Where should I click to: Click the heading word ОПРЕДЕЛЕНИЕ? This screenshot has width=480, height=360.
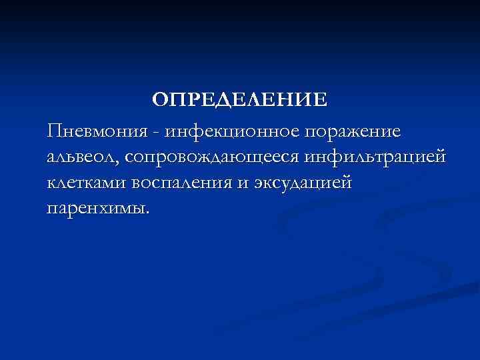pyautogui.click(x=239, y=100)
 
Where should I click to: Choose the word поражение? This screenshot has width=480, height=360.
pyautogui.click(x=354, y=131)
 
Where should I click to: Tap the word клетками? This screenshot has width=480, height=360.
pyautogui.click(x=87, y=182)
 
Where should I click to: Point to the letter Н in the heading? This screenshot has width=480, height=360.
pyautogui.click(x=290, y=100)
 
